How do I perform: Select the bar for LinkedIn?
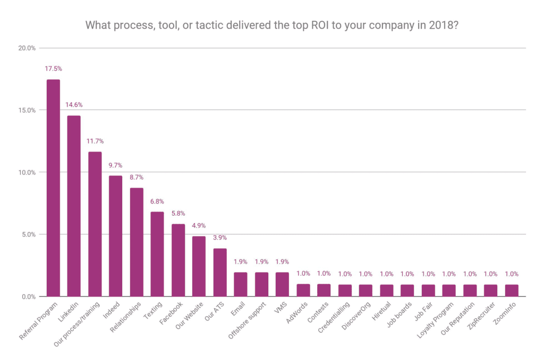coord(74,206)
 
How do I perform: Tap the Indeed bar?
coord(115,236)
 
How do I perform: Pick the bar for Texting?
coord(157,254)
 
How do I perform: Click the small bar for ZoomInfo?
coord(512,291)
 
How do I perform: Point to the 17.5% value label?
coord(53,69)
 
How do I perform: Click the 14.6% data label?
coord(74,105)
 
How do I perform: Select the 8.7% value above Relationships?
coord(137,177)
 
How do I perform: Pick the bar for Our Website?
coord(199,266)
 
